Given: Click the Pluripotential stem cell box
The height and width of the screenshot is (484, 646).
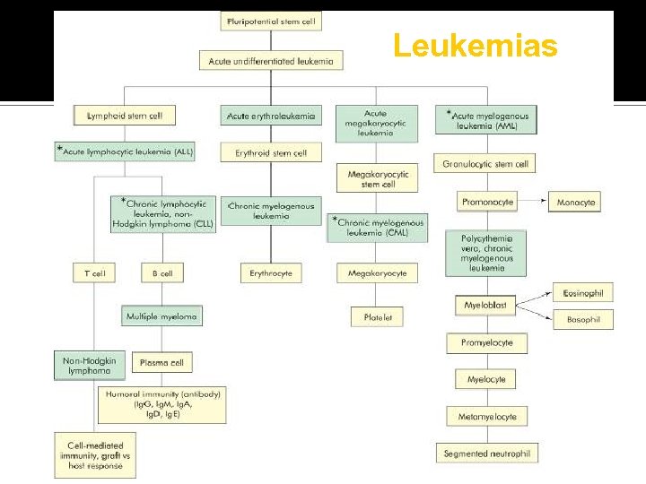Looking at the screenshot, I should coord(270,21).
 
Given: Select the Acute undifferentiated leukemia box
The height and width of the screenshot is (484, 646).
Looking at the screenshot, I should coord(270,61).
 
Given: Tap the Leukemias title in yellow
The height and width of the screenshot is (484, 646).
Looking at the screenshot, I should coord(475,45).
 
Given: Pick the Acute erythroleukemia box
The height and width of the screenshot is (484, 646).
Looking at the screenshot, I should coord(270,117).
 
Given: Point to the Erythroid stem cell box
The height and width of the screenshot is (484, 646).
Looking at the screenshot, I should coord(270,153).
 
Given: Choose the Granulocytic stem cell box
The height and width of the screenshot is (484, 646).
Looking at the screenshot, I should coord(485,163).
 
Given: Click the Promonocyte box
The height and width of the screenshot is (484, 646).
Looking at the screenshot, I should coord(487,203).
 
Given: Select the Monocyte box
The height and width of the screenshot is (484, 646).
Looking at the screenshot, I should coord(575,203).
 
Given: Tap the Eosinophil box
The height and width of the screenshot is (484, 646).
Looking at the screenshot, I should coord(583,293).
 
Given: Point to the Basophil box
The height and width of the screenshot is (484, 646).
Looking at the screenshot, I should coord(583,319).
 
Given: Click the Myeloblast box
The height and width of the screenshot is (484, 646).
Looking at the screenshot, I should coord(485,306).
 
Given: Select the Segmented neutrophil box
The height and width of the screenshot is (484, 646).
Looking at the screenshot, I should coord(486,454).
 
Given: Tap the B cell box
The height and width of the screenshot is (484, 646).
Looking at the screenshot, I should coord(161,273).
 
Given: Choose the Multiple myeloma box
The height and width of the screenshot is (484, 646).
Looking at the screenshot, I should coord(161,316).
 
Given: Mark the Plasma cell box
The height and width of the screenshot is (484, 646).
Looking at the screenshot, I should coord(161,363).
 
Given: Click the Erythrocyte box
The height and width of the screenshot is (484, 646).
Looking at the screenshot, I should coord(270,273).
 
